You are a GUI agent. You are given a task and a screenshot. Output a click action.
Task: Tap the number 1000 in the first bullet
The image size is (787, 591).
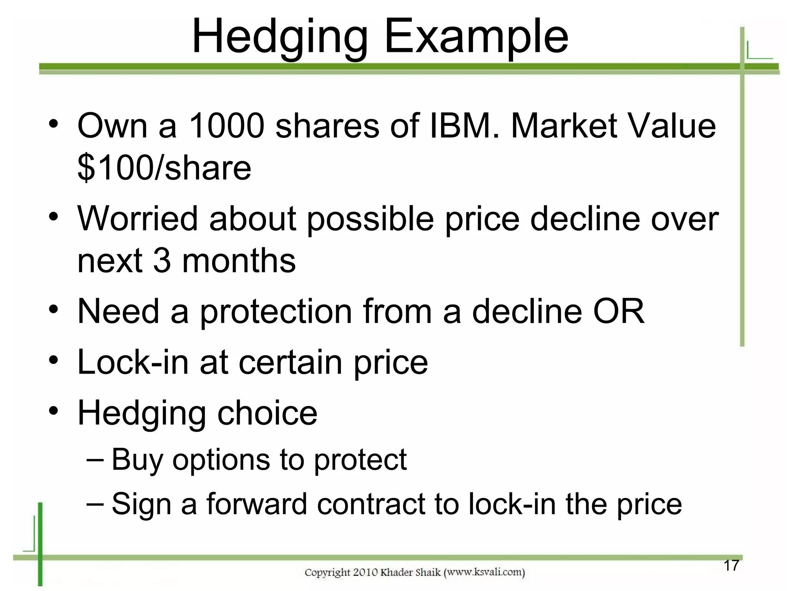[227, 126]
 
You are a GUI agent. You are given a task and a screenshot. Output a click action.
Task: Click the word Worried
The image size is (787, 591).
[138, 219]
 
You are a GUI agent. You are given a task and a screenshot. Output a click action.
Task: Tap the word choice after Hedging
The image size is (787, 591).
[267, 413]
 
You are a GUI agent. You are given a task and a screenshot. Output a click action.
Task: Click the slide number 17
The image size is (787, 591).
[731, 566]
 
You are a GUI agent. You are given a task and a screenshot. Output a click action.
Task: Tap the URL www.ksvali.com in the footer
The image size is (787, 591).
[485, 573]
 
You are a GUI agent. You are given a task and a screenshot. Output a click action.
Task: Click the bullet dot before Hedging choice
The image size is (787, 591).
[53, 411]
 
